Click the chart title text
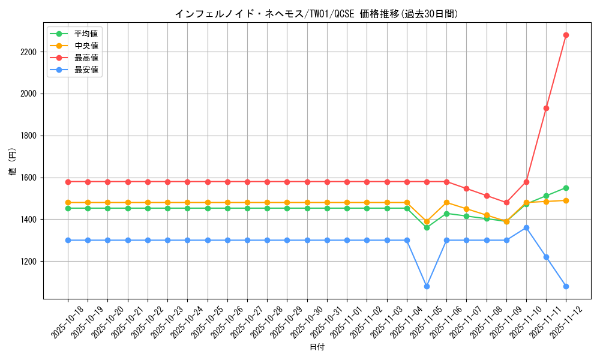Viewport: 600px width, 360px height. point(316,14)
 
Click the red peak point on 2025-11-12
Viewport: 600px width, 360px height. point(566,35)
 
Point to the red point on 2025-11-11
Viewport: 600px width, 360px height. point(546,108)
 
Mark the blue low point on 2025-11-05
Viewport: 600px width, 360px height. point(427,286)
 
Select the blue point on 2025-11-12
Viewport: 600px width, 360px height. point(566,286)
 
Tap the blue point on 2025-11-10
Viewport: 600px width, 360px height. point(526,227)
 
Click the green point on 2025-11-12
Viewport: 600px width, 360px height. point(566,188)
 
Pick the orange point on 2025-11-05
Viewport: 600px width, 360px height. point(427,221)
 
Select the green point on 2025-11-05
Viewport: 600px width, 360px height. point(427,227)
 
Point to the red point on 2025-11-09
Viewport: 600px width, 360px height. point(506,202)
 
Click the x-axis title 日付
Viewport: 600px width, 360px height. point(317,347)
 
